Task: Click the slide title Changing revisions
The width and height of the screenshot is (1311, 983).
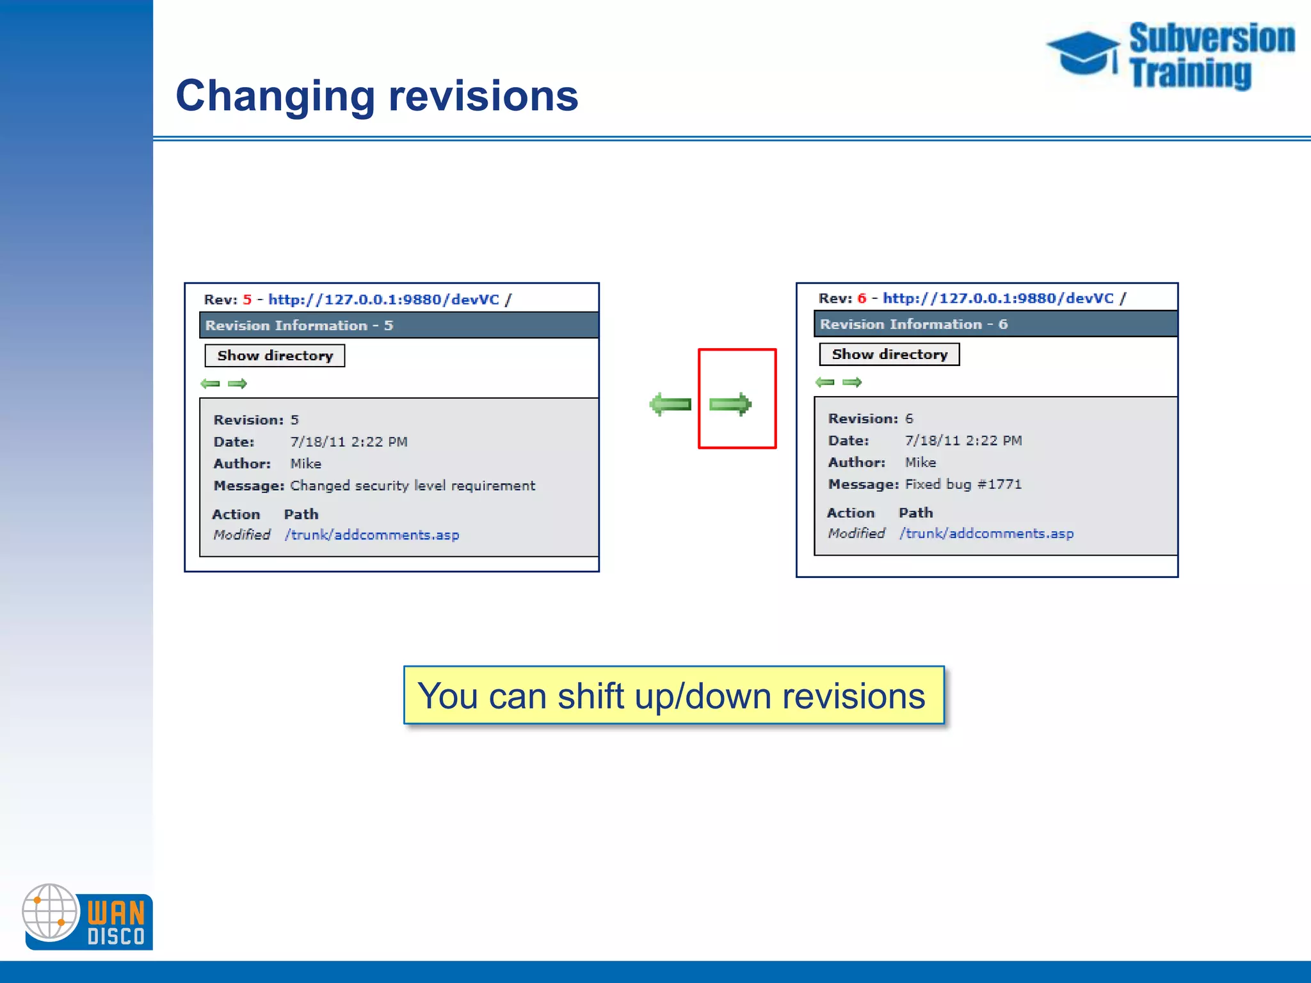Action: pos(376,96)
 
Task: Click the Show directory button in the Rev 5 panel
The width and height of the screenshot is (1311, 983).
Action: pos(275,356)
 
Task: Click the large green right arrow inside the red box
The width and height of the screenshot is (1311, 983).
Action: pos(730,404)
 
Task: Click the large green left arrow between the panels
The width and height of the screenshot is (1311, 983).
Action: pos(670,404)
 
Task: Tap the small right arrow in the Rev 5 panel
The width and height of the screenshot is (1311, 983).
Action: pos(237,384)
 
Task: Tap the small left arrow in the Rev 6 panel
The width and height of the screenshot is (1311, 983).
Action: pos(825,383)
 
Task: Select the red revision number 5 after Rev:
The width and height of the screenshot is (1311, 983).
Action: pos(247,300)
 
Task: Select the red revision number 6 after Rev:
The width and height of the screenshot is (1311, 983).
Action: pos(862,298)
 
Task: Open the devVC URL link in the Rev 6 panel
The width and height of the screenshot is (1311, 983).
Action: pos(998,298)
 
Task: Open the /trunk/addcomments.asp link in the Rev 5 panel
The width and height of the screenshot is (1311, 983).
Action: pos(372,535)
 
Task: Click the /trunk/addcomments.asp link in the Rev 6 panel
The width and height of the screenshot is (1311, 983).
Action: pos(986,534)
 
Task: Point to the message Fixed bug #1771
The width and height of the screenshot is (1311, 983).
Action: pos(963,484)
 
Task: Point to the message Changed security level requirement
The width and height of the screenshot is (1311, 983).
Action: pos(412,486)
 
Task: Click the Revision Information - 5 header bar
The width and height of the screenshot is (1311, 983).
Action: pos(398,326)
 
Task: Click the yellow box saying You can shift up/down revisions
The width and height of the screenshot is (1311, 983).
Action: pos(673,696)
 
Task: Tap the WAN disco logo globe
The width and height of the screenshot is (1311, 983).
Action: pos(50,912)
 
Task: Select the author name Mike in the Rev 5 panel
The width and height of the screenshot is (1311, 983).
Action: pos(306,464)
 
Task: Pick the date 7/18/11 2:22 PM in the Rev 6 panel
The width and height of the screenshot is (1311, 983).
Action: pos(963,441)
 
